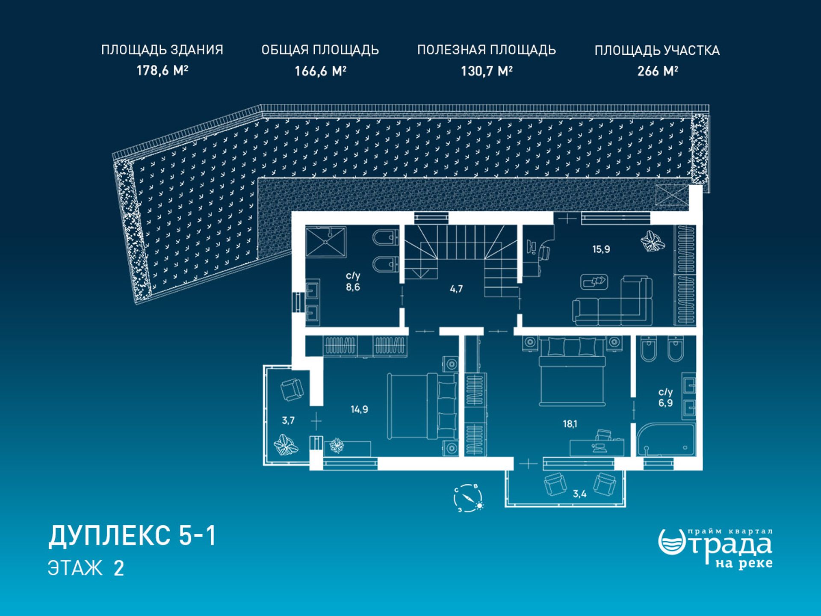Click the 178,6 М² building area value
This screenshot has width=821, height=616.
coord(162,70)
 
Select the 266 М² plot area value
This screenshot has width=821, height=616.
coord(657,71)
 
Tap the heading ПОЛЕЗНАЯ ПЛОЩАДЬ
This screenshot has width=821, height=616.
coord(487,50)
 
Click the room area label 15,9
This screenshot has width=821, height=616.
coord(601,249)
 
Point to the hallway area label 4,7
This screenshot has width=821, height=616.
coord(456,289)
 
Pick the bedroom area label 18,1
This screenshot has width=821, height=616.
coord(570,424)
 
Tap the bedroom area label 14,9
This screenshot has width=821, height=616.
coord(359,409)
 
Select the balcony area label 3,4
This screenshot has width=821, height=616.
coord(579,494)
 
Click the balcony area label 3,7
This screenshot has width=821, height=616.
coord(288,421)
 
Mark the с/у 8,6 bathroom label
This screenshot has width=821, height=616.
coord(353,281)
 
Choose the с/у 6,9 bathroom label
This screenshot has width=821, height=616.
coord(665,397)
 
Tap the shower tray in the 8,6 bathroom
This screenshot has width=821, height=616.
coord(325,242)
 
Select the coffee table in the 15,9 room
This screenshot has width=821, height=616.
coord(594,281)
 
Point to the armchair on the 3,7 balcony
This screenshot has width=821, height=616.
coord(292,390)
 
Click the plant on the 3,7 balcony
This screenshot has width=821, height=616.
coord(286,445)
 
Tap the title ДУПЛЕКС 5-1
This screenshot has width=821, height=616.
coord(132,536)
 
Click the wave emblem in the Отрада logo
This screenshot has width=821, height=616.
coord(672,542)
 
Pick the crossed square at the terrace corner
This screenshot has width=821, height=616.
coord(672,196)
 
